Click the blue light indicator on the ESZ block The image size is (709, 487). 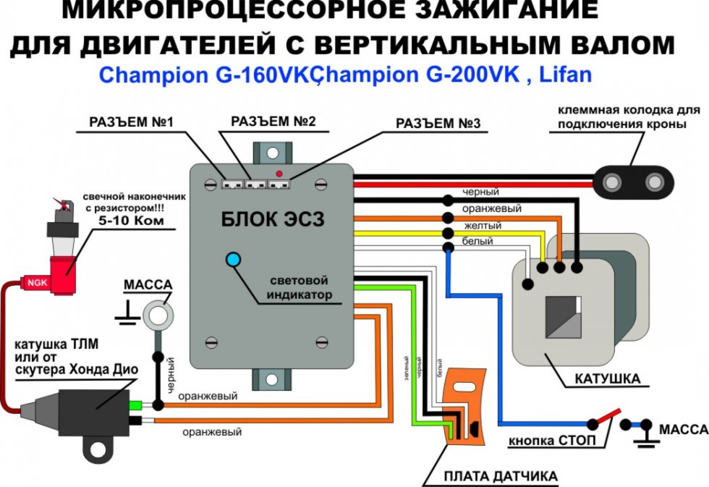click(234, 260)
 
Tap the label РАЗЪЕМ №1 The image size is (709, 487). click(131, 122)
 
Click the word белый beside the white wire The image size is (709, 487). click(478, 240)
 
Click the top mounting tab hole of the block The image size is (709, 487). click(271, 153)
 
